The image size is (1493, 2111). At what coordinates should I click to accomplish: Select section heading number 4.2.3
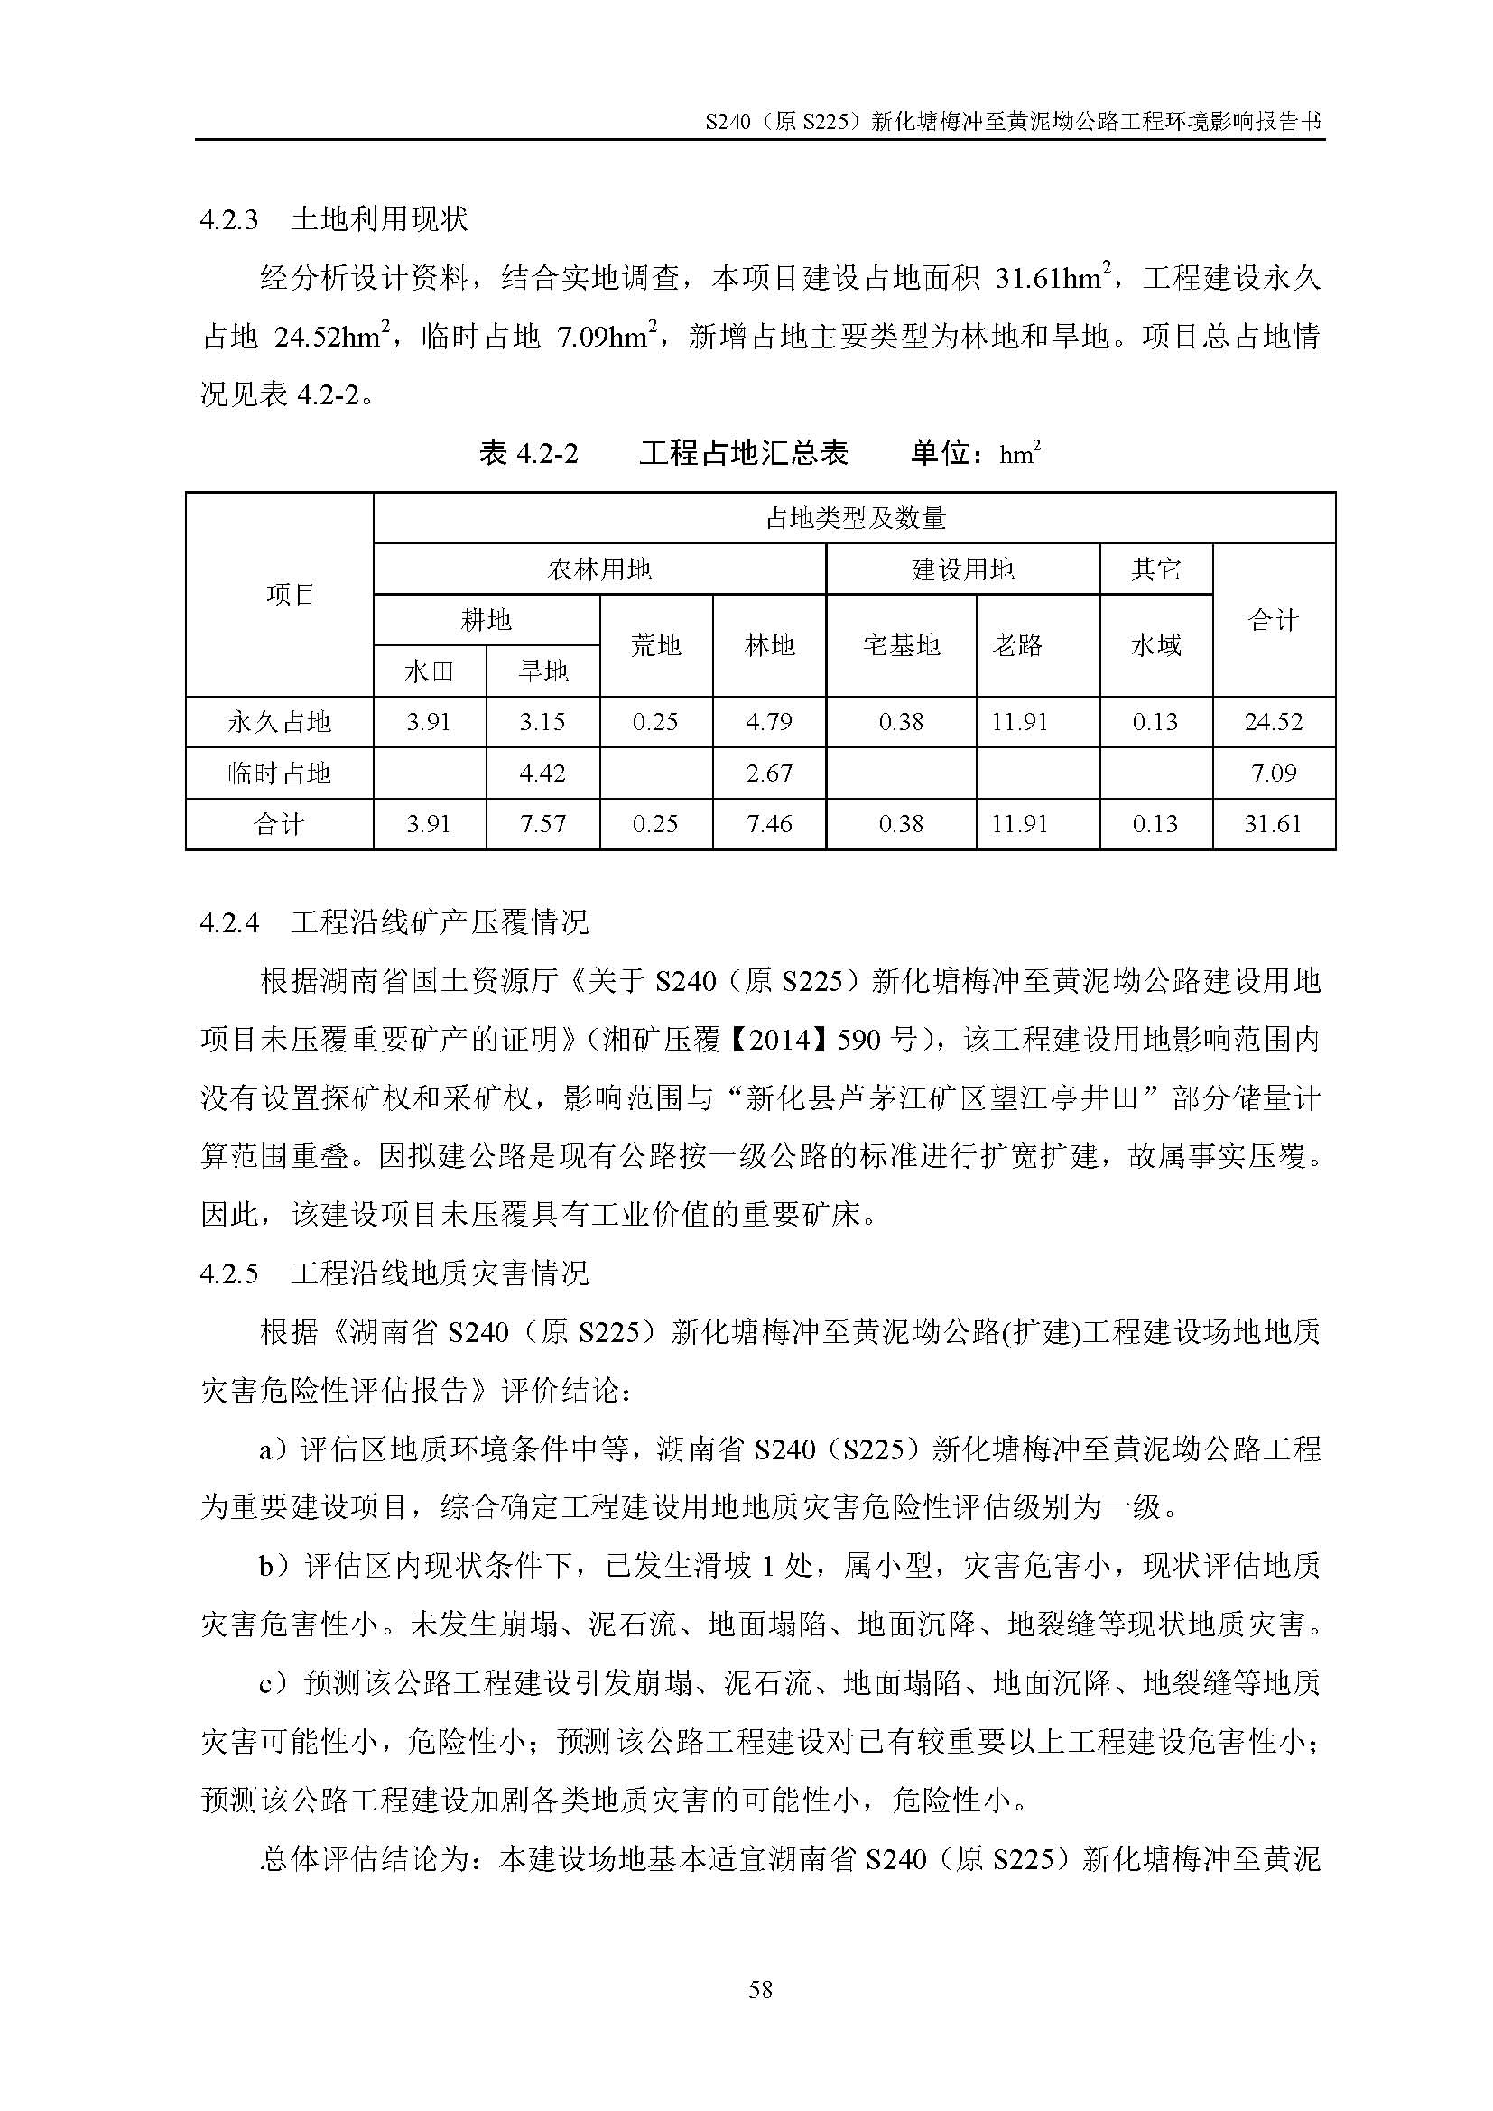(x=229, y=220)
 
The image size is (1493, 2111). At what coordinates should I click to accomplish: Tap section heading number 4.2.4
(x=229, y=923)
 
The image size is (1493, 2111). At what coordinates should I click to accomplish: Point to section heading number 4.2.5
(x=229, y=1273)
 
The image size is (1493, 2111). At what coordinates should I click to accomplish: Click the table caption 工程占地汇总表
(x=743, y=453)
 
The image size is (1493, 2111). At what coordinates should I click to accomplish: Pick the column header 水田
(x=430, y=671)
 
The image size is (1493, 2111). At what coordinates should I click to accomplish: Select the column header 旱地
(x=542, y=671)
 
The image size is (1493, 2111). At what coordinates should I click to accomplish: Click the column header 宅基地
(x=901, y=645)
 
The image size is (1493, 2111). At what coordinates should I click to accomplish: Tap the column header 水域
(x=1155, y=645)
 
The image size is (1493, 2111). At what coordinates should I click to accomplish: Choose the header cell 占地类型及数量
(x=855, y=519)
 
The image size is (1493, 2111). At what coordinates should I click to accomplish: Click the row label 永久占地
(x=280, y=722)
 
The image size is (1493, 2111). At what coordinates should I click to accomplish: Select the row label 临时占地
(x=280, y=773)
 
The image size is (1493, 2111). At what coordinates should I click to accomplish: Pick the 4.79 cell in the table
(x=769, y=722)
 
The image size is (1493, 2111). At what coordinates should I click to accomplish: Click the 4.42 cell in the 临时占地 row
(x=542, y=773)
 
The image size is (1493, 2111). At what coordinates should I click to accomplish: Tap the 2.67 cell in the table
(x=769, y=773)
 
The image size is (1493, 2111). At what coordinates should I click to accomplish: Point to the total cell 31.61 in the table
(x=1274, y=824)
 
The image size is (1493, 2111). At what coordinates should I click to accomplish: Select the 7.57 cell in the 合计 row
(x=542, y=824)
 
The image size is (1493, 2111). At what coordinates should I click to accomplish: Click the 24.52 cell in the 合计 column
(x=1274, y=722)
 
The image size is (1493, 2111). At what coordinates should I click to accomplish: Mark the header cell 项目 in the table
(x=291, y=596)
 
